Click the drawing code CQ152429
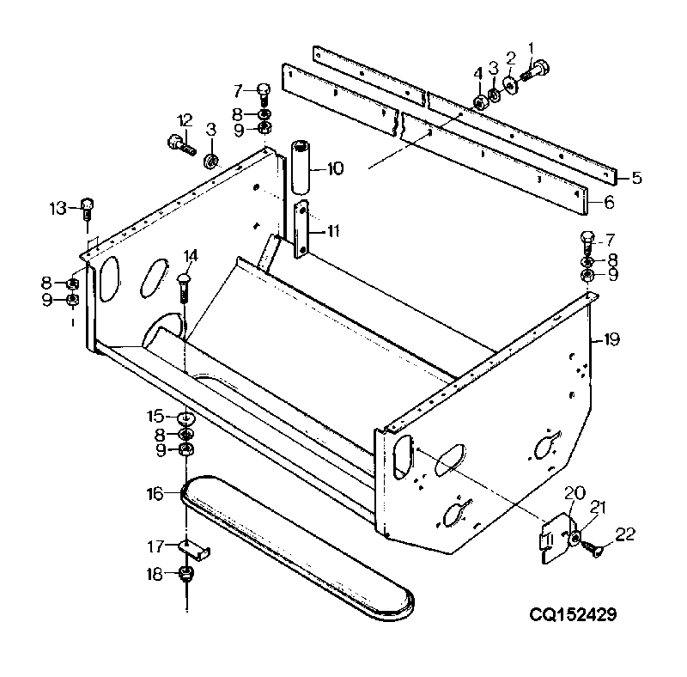point(573,614)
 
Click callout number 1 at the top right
point(531,48)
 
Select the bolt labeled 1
point(535,72)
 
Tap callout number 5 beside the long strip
point(636,178)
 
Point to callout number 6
point(609,202)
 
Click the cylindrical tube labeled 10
point(301,167)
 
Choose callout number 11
point(333,230)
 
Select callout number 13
point(58,208)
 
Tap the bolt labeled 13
point(88,209)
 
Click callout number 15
point(155,416)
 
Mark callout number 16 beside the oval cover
point(155,494)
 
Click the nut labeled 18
point(186,574)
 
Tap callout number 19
point(611,339)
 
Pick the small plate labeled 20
point(556,539)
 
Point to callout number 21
point(598,507)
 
